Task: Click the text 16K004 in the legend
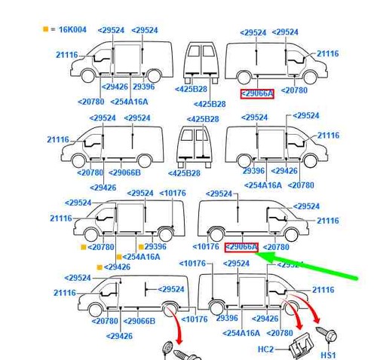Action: pos(72,29)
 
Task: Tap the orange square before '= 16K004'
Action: pos(45,29)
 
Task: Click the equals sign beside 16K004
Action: pos(53,29)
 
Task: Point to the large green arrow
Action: pos(306,267)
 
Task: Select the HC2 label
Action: pos(265,349)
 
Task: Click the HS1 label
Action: pos(328,355)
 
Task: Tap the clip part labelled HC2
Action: pos(301,345)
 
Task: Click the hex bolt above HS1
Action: pos(326,334)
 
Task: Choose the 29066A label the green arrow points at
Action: pos(241,247)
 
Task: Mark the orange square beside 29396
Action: pos(141,247)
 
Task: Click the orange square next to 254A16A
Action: pos(119,257)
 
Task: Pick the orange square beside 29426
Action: pos(100,267)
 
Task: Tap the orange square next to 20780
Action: pos(84,247)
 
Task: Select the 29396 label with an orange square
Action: pos(155,246)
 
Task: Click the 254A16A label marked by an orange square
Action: pos(141,257)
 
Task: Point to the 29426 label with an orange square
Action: pos(117,267)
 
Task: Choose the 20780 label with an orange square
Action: pos(101,247)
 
